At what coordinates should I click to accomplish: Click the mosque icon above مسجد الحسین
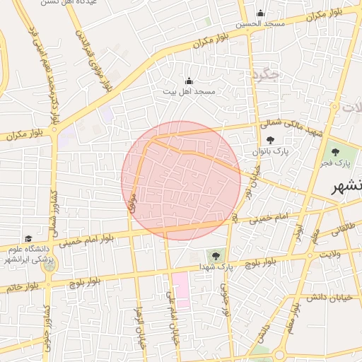(260, 13)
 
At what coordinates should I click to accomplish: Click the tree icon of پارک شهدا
(215, 255)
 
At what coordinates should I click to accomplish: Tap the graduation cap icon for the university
(28, 239)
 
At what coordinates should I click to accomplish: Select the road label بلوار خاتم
(23, 287)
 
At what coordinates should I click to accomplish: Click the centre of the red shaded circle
(182, 180)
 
